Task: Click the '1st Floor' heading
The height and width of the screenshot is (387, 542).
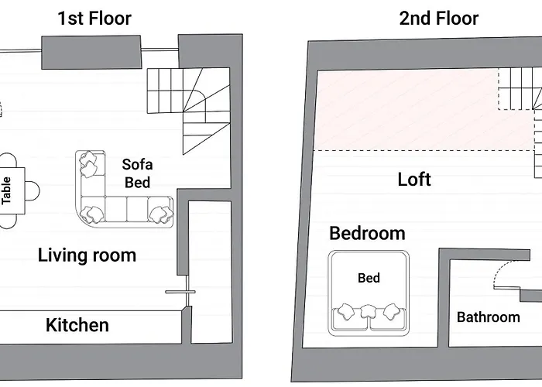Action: (x=94, y=19)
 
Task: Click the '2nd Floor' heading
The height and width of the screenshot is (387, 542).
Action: (x=439, y=19)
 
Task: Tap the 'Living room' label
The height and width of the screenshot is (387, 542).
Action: (x=87, y=255)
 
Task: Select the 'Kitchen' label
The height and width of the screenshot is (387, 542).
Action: (x=77, y=325)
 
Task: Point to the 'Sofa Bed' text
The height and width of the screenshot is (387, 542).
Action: (x=137, y=173)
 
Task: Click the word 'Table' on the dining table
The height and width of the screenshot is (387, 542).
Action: (x=6, y=190)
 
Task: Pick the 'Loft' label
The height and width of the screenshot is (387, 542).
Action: (x=414, y=180)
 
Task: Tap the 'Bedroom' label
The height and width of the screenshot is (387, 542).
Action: (x=367, y=233)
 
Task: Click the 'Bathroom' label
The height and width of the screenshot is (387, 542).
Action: (x=488, y=317)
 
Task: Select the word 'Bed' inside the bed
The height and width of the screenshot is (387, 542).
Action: (x=369, y=278)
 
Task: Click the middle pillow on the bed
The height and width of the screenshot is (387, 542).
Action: (x=368, y=311)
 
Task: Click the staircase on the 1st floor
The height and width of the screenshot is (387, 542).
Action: (x=189, y=111)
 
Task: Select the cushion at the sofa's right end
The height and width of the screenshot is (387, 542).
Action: (x=161, y=214)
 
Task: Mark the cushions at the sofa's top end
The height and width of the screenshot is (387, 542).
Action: (x=88, y=164)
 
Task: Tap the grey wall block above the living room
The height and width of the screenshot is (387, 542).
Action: (x=91, y=53)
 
